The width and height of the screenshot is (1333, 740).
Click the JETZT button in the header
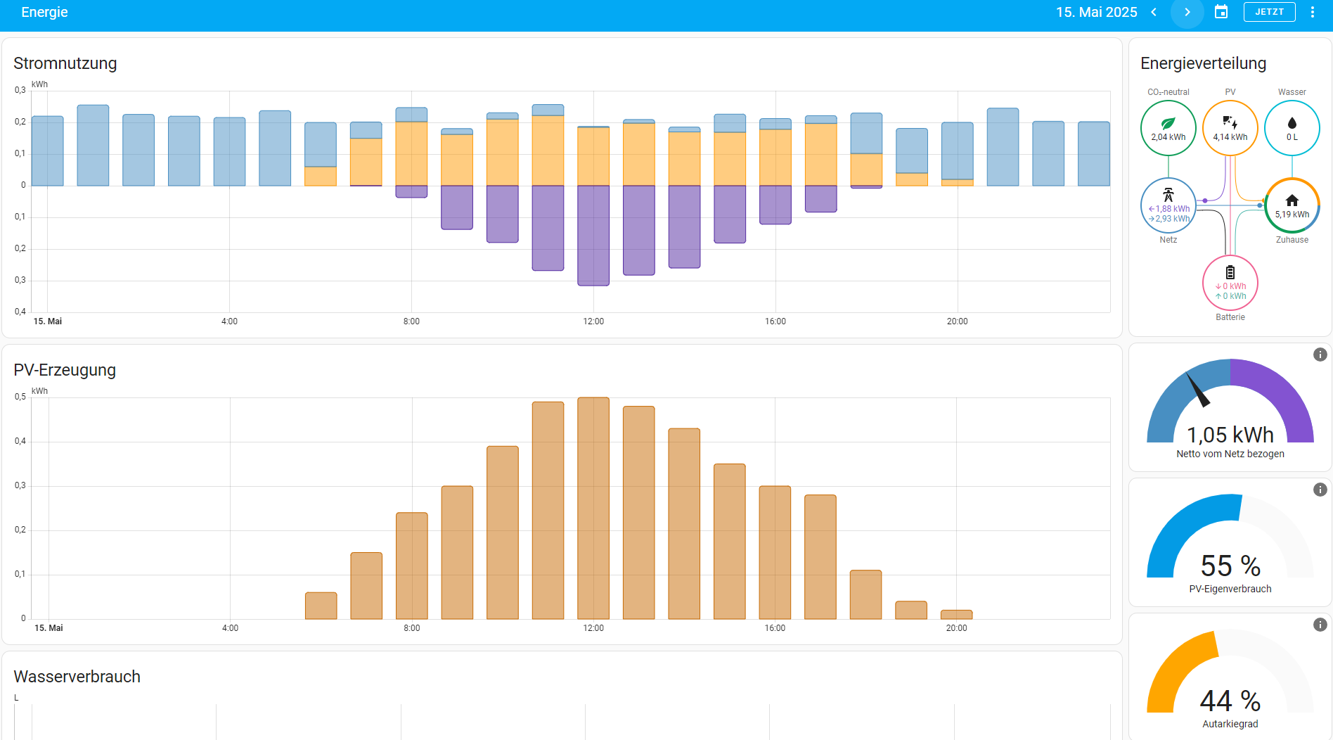1269,12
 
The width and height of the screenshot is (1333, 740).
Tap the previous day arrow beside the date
1154,12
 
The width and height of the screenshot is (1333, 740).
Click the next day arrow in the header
1187,12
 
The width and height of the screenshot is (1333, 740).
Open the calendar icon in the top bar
1221,12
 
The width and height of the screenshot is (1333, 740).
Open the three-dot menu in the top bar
1312,12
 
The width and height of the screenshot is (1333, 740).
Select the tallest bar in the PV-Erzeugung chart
593,506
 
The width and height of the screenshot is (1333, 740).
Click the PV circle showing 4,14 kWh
1230,128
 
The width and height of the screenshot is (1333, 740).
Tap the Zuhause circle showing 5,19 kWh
1292,205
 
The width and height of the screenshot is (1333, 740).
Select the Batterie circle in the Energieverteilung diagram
1230,283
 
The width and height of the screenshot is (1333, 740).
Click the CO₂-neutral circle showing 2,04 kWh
1168,128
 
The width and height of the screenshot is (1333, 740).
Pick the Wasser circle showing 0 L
1292,128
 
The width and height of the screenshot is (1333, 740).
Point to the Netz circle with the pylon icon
1168,205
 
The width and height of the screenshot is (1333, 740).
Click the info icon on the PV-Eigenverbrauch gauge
1320,490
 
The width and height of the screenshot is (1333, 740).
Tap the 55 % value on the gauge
1230,566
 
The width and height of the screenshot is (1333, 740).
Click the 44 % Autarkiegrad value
1230,701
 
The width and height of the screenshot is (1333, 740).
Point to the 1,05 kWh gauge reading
1230,435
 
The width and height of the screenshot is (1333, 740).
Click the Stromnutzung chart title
65,63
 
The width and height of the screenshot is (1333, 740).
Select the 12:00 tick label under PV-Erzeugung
593,628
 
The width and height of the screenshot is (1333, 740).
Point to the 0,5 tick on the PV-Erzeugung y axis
20,397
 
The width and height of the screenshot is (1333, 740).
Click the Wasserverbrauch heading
77,677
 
